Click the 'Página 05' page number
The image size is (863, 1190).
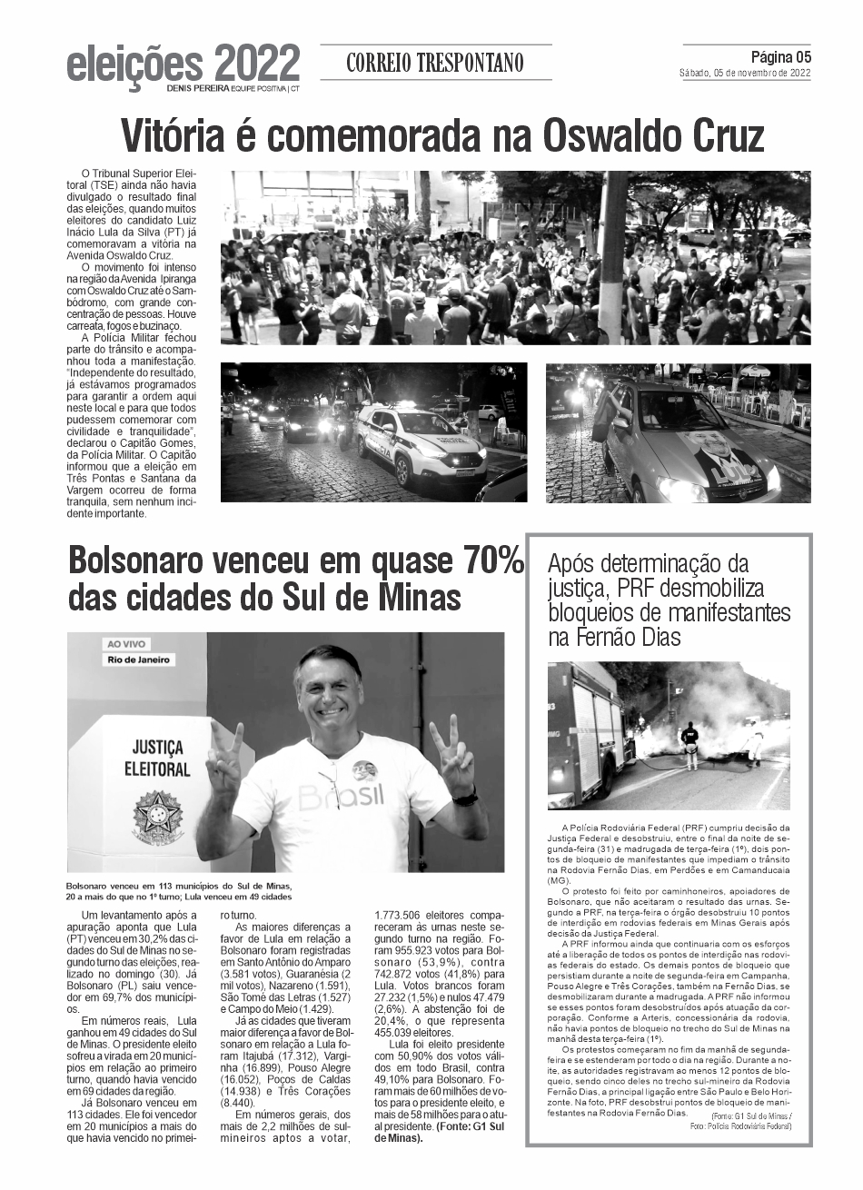(780, 57)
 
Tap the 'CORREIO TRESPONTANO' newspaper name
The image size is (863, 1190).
(435, 64)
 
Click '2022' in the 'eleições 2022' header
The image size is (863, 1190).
(257, 64)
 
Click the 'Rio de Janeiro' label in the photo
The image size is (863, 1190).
(140, 659)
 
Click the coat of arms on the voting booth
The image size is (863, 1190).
(158, 813)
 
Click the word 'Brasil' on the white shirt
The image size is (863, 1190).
(341, 798)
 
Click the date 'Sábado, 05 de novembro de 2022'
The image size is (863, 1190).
(745, 74)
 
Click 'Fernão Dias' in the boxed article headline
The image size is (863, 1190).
(628, 638)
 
